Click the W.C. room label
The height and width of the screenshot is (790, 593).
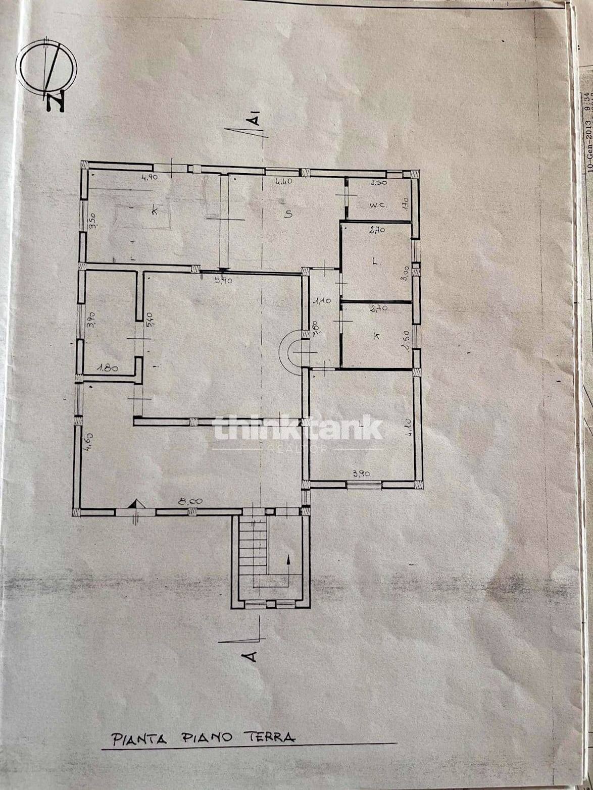point(377,205)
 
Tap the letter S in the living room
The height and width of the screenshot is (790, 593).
point(288,214)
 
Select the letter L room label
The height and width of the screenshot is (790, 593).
point(375,261)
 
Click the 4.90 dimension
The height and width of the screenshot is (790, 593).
point(136,177)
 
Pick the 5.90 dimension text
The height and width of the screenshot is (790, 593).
point(223,280)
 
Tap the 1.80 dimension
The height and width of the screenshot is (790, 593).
point(107,368)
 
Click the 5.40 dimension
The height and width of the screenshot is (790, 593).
point(149,320)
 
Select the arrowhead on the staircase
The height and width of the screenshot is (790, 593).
point(288,559)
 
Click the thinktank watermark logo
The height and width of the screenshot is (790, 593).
point(298,429)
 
